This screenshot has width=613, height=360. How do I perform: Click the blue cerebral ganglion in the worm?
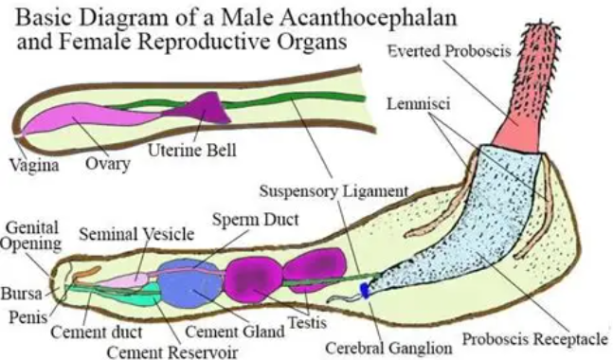click(365, 291)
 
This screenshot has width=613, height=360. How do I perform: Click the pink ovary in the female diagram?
click(90, 119)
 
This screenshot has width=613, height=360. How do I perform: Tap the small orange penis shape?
click(85, 274)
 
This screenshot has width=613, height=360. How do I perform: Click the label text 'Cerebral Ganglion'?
click(388, 348)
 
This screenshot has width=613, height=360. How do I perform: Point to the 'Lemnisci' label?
click(419, 104)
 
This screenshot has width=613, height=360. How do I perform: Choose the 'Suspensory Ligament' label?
click(334, 191)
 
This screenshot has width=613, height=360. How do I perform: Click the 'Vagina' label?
click(34, 165)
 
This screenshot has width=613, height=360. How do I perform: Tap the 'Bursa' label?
click(22, 293)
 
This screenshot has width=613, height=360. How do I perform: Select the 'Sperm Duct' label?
click(255, 220)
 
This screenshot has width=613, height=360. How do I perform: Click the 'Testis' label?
click(307, 323)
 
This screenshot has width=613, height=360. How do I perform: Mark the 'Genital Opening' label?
click(31, 235)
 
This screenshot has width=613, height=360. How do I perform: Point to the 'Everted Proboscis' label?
click(450, 51)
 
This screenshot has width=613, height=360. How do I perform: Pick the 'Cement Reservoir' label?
click(172, 351)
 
